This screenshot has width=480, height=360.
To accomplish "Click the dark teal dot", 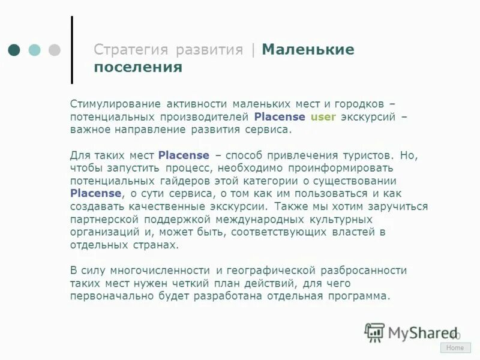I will tap(14, 50).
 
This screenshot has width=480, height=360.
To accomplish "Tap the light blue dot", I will tap(35, 50).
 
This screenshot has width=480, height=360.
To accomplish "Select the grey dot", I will tap(55, 50).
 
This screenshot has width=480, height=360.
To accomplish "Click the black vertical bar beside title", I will tap(72, 50).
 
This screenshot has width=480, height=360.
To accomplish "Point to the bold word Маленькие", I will tap(308, 50).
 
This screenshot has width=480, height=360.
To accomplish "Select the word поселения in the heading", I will tap(137, 67).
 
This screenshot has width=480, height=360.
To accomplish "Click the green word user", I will tap(323, 116).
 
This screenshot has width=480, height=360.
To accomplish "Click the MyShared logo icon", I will tap(374, 332).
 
